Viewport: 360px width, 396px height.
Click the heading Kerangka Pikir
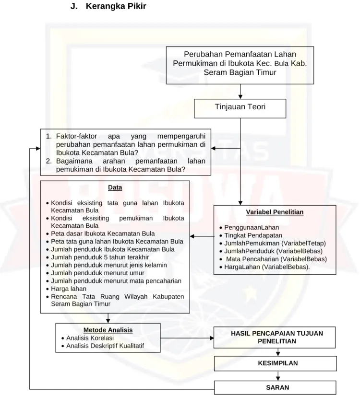pyautogui.click(x=116, y=6)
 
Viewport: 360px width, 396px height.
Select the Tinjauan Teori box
pyautogui.click(x=240, y=108)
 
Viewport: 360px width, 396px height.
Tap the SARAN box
pyautogui.click(x=275, y=387)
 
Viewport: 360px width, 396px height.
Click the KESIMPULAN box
pyautogui.click(x=276, y=363)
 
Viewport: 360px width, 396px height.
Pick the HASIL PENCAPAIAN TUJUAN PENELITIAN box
pyautogui.click(x=275, y=338)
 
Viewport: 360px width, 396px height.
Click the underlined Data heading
pyautogui.click(x=115, y=187)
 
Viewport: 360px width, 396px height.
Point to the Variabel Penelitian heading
pyautogui.click(x=275, y=212)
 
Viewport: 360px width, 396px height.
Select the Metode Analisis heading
pyautogui.click(x=108, y=330)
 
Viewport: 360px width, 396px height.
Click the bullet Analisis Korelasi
pyautogui.click(x=87, y=338)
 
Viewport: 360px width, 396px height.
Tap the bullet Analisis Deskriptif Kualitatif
pyautogui.click(x=103, y=346)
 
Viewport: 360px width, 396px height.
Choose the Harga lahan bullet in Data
pyautogui.click(x=66, y=289)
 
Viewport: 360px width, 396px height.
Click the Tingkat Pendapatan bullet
pyautogui.click(x=251, y=235)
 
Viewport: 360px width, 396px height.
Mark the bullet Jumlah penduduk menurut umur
pyautogui.click(x=95, y=273)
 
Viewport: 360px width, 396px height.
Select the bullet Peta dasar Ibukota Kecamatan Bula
pyautogui.click(x=100, y=233)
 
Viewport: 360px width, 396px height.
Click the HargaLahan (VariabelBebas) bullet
pyautogui.click(x=264, y=267)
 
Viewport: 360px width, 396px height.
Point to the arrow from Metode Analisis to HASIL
pyautogui.click(x=187, y=338)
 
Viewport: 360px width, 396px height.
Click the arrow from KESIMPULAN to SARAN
pyautogui.click(x=278, y=376)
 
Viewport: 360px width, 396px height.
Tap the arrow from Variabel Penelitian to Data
pyautogui.click(x=202, y=236)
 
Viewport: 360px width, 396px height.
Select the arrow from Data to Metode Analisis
pyautogui.click(x=108, y=318)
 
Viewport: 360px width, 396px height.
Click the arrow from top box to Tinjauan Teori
pyautogui.click(x=240, y=92)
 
